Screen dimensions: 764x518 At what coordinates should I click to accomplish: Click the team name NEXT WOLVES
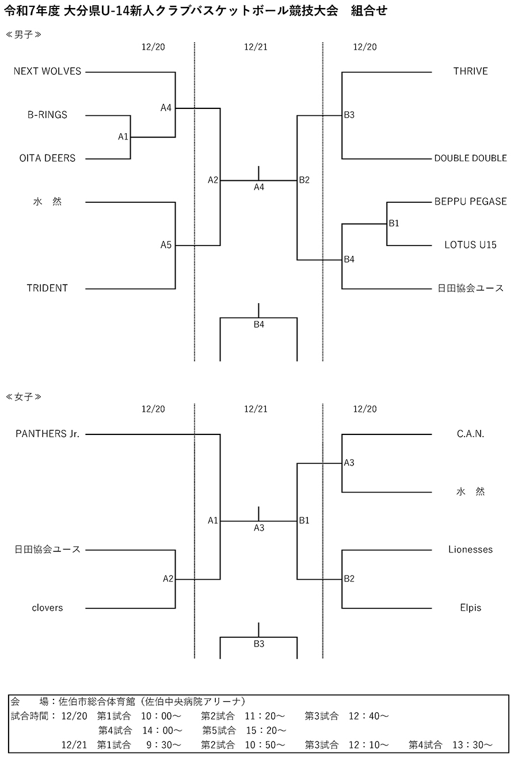tap(47, 71)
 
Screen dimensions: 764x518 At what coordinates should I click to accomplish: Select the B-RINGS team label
tap(47, 115)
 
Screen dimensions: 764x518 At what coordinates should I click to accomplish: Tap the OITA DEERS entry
tap(47, 158)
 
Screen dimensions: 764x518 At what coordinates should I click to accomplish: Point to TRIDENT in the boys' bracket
tap(47, 288)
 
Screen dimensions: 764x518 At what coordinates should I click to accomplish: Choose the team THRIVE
tap(470, 71)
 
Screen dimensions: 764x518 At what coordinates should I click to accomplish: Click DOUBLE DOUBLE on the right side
tap(470, 158)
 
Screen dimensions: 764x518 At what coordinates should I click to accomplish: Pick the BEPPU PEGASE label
tap(470, 201)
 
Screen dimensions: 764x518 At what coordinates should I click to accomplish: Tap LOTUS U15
tap(470, 245)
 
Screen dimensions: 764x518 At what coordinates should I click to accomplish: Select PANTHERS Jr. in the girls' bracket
tap(47, 434)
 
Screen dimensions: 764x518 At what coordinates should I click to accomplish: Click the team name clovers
tap(47, 608)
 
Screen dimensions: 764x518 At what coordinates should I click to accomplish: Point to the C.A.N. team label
tap(470, 434)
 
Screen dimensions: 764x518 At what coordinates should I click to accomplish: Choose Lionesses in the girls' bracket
tap(470, 550)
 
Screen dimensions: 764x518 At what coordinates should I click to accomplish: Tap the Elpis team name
tap(470, 608)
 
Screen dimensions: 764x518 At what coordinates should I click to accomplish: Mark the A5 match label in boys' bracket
tap(166, 245)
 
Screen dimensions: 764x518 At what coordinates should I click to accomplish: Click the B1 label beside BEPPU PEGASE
tap(394, 224)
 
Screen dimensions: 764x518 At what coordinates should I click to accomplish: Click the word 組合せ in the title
tap(369, 11)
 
